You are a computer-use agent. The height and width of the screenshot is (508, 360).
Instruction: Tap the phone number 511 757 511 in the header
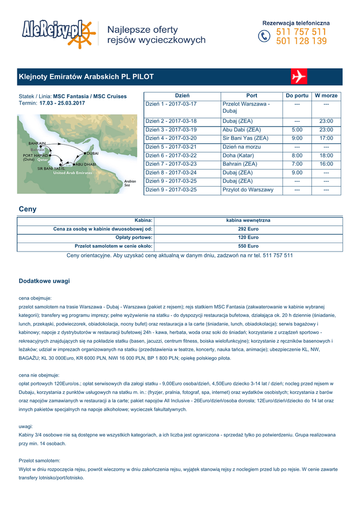301,32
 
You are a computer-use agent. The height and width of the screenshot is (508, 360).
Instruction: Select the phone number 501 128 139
301,42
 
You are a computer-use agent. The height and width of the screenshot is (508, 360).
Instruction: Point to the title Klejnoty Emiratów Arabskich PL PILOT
86,77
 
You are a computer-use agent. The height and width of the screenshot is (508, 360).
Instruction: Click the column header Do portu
297,95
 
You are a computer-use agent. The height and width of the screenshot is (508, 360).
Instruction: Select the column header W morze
326,95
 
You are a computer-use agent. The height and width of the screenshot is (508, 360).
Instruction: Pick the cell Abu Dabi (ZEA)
241,129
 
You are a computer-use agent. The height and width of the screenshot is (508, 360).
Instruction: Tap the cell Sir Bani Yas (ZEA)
245,138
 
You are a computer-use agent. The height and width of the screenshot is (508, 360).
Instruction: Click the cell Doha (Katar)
238,155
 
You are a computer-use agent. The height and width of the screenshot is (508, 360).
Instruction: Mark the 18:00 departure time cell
326,155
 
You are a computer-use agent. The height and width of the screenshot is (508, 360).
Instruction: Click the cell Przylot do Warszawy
248,190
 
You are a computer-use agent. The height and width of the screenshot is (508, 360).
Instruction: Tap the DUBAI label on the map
92,154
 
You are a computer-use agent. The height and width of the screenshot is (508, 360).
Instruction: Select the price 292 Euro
248,229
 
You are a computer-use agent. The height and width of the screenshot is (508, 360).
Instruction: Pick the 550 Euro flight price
248,246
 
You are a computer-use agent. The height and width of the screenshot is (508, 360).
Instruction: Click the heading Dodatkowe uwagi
44,281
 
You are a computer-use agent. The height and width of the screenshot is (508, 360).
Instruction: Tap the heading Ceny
27,209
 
